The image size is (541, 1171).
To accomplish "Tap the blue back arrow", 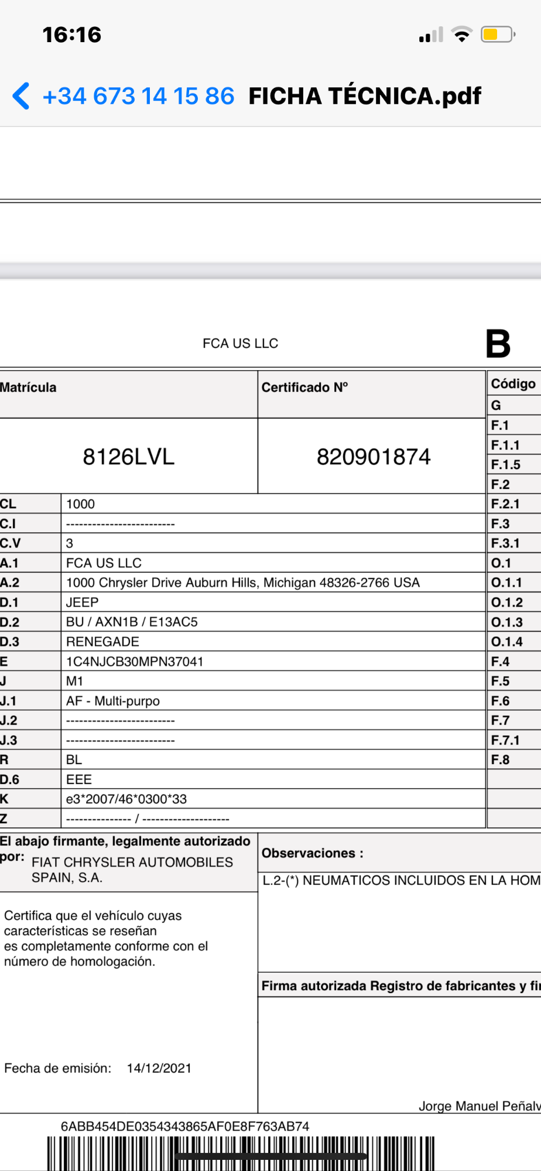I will point(21,96).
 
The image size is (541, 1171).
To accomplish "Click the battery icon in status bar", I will point(497,35).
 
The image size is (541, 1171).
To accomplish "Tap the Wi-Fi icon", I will point(462,35).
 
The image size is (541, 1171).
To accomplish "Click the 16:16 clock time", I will point(72,35).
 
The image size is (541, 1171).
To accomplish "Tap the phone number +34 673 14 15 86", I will point(139,96).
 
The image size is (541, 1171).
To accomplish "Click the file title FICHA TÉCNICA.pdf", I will point(365,96).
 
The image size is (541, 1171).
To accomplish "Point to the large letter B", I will point(498,344).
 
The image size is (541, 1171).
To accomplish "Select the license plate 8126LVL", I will point(129,457).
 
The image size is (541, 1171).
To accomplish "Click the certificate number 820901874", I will point(374,457).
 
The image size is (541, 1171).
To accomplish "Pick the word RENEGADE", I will point(102,642).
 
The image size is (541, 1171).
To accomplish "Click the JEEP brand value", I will point(82,602).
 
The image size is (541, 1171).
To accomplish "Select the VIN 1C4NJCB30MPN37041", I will point(135,662).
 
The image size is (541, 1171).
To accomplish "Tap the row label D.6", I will point(10,779).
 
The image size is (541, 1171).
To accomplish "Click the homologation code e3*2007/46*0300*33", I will point(126,799).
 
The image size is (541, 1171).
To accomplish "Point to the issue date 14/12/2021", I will point(159,1068).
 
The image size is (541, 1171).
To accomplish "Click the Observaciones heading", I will point(312,853).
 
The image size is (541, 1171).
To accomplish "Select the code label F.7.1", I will point(505,740).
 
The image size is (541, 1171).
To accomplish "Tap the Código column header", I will point(513,384).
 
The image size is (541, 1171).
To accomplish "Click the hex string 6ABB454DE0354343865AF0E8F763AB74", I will point(185,1126).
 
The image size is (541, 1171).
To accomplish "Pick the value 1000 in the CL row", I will point(80,504).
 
